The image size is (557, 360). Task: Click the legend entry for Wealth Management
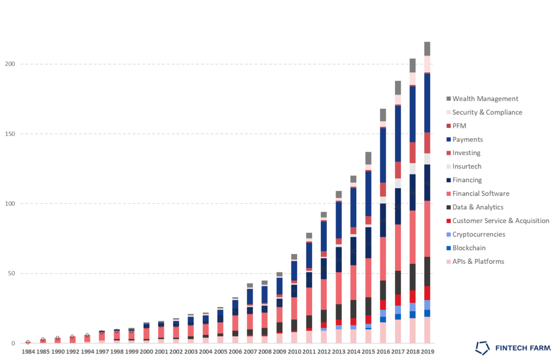pos(485,99)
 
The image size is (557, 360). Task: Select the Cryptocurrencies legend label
pos(479,234)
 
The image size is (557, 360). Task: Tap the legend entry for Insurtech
pos(467,166)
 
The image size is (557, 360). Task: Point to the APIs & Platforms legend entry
pos(478,262)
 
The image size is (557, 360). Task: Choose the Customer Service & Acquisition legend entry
pos(500,221)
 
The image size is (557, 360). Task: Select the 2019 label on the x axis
pos(427,352)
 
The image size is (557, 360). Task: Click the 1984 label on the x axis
pos(28,352)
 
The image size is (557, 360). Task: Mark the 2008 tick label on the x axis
pos(264,352)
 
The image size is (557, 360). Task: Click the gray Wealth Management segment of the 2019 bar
pos(427,48)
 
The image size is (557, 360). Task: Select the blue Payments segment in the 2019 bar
pos(427,89)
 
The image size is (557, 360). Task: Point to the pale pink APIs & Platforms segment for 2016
pos(383,333)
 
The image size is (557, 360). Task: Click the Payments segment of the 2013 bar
pos(338,220)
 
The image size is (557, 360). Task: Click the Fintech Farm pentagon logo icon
pos(482,347)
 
